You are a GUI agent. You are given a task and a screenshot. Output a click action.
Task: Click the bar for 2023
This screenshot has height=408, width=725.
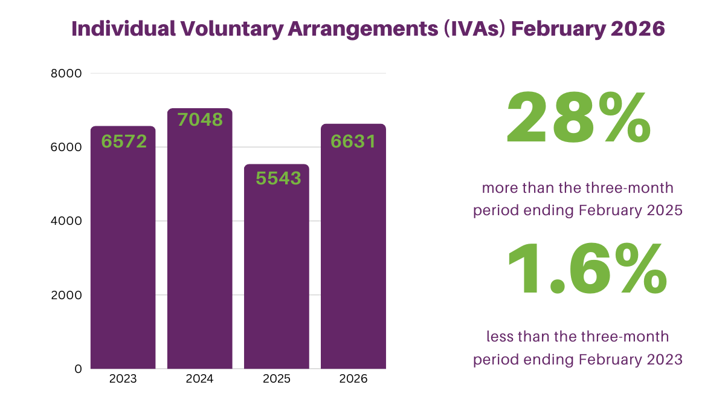123,254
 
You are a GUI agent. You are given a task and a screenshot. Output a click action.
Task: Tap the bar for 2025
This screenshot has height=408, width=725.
277,272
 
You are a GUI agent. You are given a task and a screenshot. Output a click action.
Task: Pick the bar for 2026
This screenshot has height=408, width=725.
353,254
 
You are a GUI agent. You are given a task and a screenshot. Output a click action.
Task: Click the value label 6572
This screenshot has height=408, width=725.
124,141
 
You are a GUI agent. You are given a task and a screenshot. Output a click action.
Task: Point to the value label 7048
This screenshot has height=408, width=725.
200,119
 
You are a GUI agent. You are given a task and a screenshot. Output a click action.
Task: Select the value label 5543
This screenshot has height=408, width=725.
278,178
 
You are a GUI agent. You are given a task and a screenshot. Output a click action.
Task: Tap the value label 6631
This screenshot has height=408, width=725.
353,141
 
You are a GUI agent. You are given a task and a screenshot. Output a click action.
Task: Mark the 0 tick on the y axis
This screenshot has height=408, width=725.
78,369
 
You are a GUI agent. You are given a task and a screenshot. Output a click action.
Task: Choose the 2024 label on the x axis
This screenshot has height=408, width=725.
200,380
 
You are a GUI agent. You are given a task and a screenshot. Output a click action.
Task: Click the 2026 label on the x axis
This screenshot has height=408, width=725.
353,380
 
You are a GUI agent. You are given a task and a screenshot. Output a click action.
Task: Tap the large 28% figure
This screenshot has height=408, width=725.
578,118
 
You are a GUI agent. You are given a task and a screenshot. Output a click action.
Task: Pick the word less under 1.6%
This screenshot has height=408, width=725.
501,336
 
